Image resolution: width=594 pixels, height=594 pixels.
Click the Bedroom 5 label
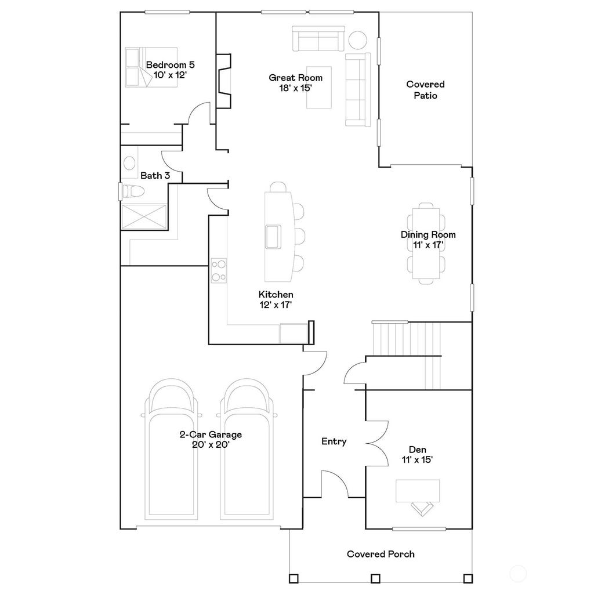coord(170,65)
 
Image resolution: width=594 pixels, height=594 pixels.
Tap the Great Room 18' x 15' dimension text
coord(295,88)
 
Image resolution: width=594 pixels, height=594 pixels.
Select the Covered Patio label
coord(425,90)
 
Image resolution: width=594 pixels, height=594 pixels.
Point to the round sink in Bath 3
coord(129,163)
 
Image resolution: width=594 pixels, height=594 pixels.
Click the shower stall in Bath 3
coord(144,217)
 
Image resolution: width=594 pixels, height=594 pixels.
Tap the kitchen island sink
coord(273,237)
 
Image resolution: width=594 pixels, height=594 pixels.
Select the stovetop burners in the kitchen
coord(219,270)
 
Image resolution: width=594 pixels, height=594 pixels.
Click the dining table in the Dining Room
coord(426,243)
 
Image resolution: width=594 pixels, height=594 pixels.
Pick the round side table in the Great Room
coord(357,40)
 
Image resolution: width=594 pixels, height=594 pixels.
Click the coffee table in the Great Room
coord(319,88)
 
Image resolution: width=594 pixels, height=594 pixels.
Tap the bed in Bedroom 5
coord(151,67)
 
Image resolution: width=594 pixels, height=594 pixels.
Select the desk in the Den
coord(418,491)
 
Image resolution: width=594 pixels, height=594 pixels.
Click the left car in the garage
coord(171,449)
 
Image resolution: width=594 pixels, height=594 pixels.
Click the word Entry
coord(334,441)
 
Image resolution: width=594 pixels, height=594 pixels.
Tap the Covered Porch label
coord(381,554)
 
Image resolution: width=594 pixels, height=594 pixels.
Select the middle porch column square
coord(375,578)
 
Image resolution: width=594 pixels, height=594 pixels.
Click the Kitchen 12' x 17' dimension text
coord(276,305)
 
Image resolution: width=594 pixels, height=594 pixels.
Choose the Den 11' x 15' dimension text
coord(418,459)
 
